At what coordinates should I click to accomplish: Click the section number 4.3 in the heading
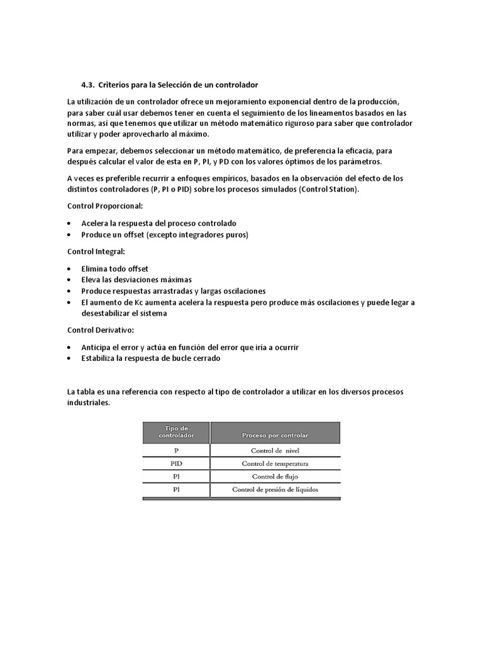coord(87,85)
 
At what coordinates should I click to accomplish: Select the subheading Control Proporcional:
coord(105,206)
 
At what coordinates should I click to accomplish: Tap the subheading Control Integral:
coord(96,251)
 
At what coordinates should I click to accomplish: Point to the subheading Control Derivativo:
coord(101,330)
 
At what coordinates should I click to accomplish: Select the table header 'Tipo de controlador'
coord(176,431)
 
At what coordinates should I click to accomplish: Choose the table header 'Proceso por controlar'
coord(275,435)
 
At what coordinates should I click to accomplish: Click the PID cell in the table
coord(176,464)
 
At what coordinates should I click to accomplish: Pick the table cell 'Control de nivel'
coord(275,451)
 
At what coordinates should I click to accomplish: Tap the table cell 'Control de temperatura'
coord(275,464)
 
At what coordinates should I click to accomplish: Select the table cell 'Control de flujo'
coord(275,477)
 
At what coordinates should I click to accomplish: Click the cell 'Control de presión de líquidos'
coord(275,489)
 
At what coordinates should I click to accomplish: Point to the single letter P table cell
coord(176,451)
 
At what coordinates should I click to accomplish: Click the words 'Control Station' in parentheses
coord(328,189)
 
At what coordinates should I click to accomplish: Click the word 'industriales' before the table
coord(88,402)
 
